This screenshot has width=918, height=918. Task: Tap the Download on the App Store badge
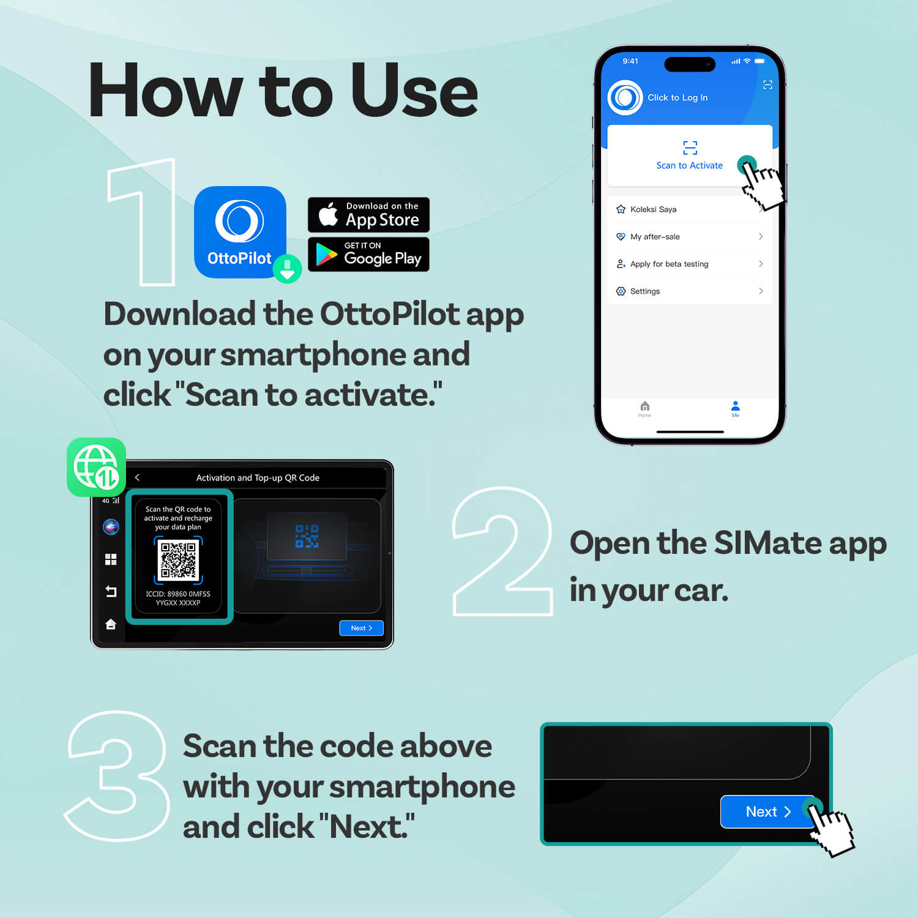click(368, 215)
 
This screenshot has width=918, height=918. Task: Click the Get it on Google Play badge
click(368, 254)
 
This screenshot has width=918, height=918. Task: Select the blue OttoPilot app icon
click(240, 232)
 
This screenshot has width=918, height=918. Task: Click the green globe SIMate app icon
click(96, 467)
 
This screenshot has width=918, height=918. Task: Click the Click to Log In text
click(677, 98)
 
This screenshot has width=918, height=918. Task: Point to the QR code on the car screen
click(178, 559)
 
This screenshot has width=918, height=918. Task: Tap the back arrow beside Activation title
click(137, 477)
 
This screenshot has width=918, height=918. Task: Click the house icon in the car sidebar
click(111, 624)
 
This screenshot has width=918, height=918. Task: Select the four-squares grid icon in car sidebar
click(111, 559)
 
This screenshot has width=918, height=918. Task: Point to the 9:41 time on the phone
click(630, 61)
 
